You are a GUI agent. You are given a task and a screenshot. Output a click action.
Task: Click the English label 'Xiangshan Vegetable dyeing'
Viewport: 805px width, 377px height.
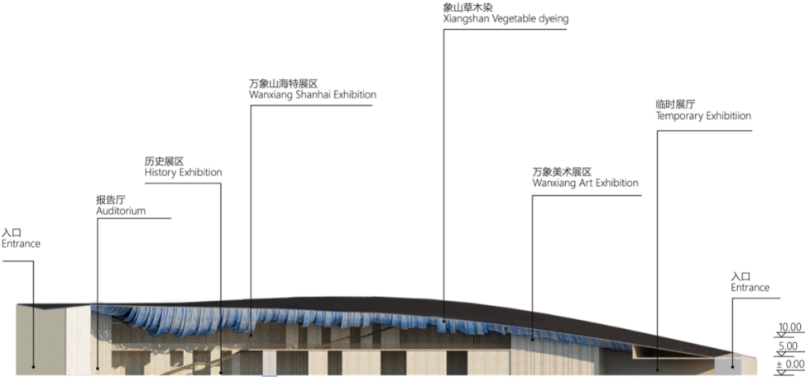coord(506,18)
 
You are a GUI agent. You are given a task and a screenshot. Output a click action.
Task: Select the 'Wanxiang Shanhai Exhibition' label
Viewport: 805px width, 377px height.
coord(312,95)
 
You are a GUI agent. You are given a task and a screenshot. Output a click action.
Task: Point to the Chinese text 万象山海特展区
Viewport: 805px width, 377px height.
coord(283,84)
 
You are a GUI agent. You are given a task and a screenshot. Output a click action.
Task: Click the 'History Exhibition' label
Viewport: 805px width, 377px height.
coord(183,173)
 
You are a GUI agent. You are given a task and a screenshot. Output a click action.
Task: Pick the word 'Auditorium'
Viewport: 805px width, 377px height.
coord(121,211)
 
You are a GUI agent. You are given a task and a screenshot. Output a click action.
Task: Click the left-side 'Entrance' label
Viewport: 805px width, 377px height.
coord(21,244)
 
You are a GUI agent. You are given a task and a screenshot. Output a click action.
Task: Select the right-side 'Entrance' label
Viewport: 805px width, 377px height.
coord(750,288)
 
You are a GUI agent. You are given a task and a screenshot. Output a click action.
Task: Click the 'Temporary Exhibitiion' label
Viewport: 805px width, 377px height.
coord(703,117)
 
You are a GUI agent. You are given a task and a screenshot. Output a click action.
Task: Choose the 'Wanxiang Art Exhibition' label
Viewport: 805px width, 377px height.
coord(585,183)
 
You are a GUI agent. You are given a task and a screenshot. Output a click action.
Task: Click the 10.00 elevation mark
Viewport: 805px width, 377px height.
coord(789,328)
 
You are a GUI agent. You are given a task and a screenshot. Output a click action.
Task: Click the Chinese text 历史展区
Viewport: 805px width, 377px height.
coord(163,161)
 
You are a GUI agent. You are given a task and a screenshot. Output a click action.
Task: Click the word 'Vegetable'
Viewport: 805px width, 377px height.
coord(520,18)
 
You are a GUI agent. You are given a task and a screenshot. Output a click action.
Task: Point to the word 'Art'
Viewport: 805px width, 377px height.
coord(582,183)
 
